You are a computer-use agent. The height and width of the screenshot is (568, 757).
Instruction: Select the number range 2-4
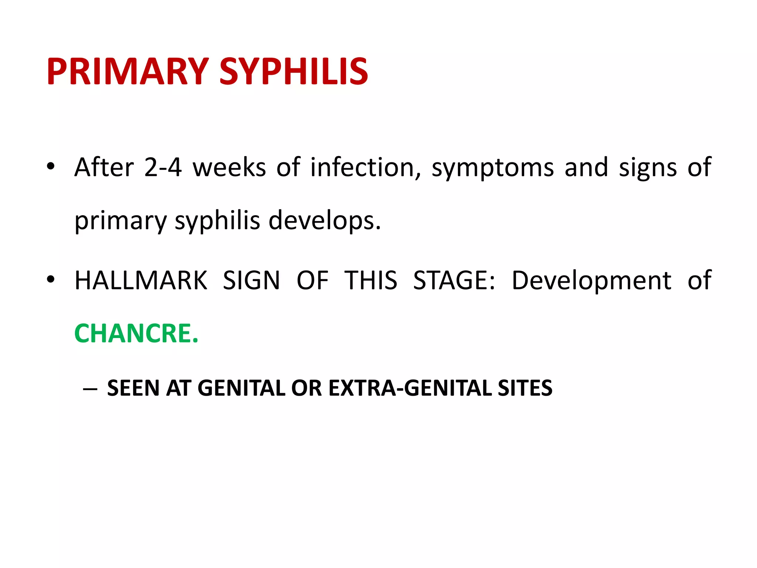click(x=163, y=168)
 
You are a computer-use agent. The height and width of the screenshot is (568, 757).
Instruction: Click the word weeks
click(x=229, y=168)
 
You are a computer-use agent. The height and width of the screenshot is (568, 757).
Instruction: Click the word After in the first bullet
click(x=104, y=168)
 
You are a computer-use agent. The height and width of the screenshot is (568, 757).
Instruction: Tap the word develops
click(x=324, y=221)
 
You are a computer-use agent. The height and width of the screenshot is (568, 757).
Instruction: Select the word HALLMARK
click(x=141, y=280)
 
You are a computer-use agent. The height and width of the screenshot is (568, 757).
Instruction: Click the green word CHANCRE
click(x=136, y=334)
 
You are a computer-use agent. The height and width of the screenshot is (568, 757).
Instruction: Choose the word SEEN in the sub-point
click(x=133, y=388)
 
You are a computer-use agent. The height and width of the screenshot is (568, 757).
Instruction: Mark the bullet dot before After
click(x=51, y=167)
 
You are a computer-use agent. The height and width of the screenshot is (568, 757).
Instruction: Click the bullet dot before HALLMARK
click(x=51, y=280)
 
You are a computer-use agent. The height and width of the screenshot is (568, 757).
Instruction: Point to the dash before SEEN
click(x=91, y=389)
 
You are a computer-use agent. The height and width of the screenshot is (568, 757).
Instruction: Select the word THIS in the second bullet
click(x=371, y=280)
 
